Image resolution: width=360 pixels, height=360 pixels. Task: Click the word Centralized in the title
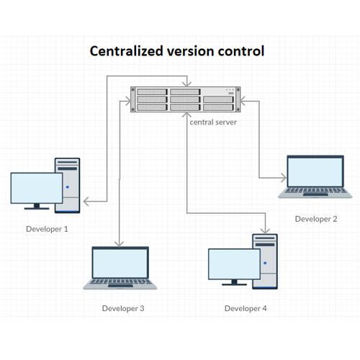click(127, 51)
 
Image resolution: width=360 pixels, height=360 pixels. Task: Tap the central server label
click(213, 122)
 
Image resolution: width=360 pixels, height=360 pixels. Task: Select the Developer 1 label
click(47, 229)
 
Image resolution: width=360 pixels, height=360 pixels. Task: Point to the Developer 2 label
click(316, 219)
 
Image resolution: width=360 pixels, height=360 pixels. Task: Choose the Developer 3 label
click(123, 308)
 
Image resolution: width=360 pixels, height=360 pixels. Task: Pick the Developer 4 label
click(246, 308)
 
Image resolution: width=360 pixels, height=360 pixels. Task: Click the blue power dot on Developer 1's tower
click(68, 187)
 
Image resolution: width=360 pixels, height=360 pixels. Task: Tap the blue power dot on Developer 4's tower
click(265, 263)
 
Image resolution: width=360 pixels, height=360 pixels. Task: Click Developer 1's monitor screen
click(37, 188)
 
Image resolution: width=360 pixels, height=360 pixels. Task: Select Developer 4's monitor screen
click(234, 264)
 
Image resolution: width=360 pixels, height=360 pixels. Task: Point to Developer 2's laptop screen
click(315, 172)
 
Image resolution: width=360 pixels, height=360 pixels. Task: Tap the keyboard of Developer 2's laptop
click(315, 190)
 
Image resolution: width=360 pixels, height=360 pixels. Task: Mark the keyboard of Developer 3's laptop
click(120, 282)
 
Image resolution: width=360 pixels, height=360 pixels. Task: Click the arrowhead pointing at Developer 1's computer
click(86, 201)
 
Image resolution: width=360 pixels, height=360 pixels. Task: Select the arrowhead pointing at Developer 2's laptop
click(284, 178)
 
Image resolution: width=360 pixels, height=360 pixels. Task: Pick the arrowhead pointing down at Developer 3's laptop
click(119, 244)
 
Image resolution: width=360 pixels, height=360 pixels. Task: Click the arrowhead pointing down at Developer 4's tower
click(265, 231)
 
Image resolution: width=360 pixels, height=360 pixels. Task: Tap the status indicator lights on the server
click(230, 89)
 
